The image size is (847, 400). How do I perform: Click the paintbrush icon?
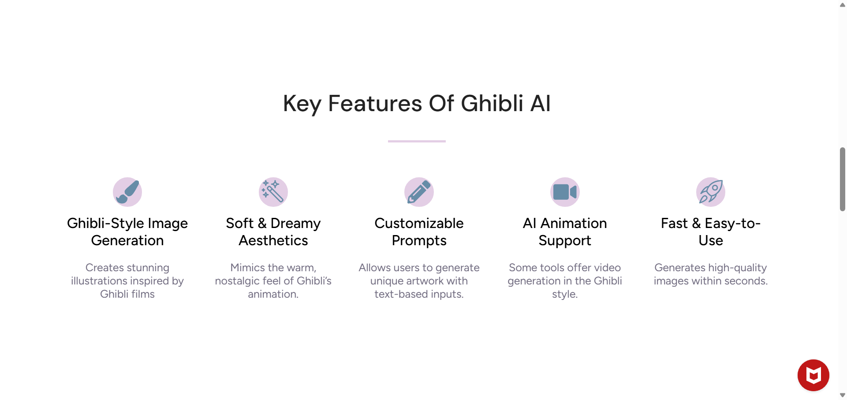[x=127, y=192]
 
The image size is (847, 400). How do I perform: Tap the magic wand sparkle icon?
[x=273, y=192]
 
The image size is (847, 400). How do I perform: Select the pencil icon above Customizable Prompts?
[x=419, y=192]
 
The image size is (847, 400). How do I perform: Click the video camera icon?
[x=565, y=192]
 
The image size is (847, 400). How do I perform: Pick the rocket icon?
[x=710, y=192]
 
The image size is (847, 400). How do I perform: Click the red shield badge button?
[x=813, y=375]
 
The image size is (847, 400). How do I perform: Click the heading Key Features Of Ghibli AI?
[x=417, y=104]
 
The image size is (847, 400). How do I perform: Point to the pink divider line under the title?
[x=417, y=141]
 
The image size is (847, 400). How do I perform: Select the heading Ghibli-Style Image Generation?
[x=127, y=232]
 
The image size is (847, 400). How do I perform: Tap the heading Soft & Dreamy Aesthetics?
[x=273, y=232]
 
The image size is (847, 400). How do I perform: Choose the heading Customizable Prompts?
[x=419, y=232]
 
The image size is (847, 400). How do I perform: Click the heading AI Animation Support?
[x=565, y=232]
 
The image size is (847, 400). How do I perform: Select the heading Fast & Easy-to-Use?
[x=710, y=232]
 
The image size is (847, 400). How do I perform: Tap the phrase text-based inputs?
[x=419, y=294]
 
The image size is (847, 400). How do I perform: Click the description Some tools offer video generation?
[x=565, y=280]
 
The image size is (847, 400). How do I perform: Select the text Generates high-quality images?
[x=710, y=274]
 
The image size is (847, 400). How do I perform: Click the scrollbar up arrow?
[x=842, y=5]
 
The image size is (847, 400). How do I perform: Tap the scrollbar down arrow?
[x=842, y=395]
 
